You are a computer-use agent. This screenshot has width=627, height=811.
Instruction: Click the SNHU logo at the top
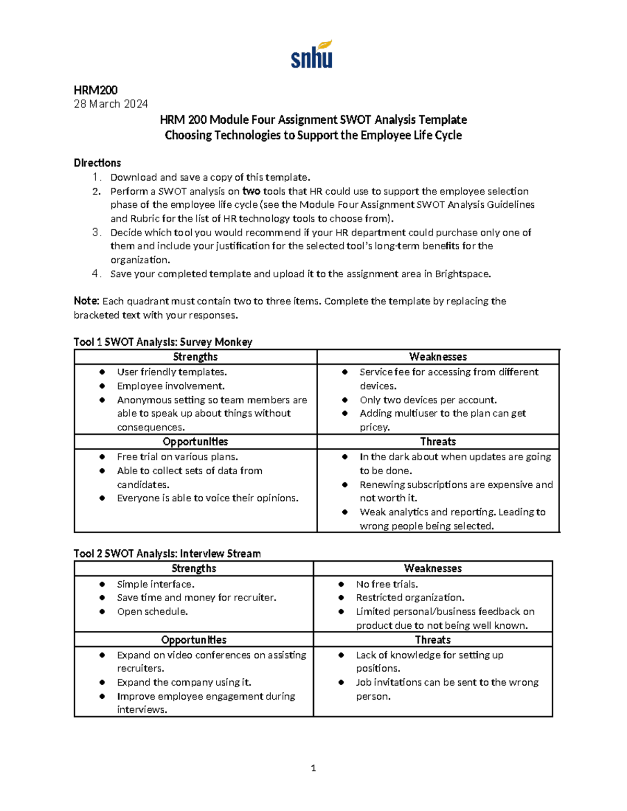311,55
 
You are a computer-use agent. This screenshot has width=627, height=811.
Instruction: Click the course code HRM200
96,90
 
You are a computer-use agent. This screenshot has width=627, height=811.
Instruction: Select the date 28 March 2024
111,104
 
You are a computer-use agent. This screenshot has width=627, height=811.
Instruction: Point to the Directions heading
97,163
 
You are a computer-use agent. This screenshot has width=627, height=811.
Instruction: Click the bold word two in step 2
251,191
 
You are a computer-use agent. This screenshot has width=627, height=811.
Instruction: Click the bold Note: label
86,301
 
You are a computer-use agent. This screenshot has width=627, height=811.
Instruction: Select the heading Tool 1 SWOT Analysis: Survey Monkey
163,342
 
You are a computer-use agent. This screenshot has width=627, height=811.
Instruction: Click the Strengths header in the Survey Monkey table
195,357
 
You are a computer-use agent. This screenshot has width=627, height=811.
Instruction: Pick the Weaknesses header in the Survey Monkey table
438,357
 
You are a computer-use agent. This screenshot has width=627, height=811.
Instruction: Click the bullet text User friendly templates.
172,372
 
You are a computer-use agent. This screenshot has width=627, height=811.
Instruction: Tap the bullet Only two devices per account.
428,400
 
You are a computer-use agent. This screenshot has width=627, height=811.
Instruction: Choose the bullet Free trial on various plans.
177,456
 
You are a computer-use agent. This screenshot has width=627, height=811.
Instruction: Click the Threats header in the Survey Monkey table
438,442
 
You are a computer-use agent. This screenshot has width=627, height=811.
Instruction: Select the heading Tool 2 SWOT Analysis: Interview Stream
167,554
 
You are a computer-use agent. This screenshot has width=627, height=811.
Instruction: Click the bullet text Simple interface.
156,584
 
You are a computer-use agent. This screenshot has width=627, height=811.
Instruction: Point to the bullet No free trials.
387,584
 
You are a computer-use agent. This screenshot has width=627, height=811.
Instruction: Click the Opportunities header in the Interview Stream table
194,640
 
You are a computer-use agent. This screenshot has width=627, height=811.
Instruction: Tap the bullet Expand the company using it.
184,683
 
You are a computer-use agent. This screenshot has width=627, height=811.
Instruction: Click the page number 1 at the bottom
313,768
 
